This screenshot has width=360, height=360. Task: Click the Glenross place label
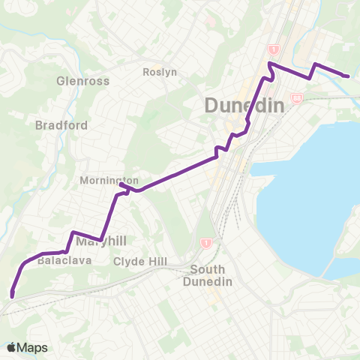(x=82, y=81)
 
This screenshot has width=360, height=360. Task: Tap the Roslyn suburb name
(x=159, y=73)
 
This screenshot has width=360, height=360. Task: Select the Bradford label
(x=61, y=125)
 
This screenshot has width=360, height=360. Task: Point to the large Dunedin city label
(x=244, y=105)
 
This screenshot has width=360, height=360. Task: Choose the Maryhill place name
(x=98, y=240)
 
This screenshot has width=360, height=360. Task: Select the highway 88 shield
(x=297, y=98)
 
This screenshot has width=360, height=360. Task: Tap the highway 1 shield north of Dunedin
(x=274, y=49)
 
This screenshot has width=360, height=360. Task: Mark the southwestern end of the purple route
(x=12, y=295)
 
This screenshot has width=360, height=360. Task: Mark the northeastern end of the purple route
(x=346, y=76)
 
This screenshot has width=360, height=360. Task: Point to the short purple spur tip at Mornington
(x=120, y=184)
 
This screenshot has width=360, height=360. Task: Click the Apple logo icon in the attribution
(x=11, y=347)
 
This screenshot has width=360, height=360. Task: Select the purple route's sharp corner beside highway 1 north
(x=271, y=65)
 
